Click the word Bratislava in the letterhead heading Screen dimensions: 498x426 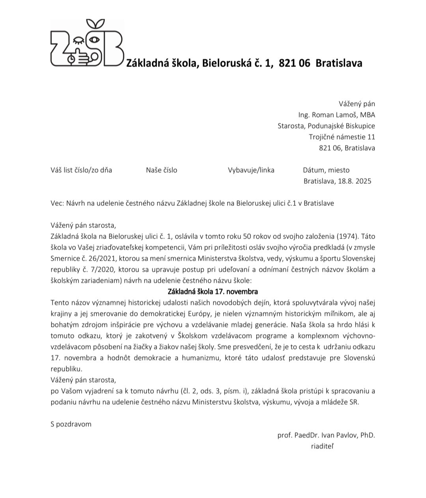[339, 63]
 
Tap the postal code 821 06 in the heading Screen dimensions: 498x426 [294, 63]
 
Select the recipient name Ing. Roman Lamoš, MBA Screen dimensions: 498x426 [336, 115]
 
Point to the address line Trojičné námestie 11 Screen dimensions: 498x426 [342, 137]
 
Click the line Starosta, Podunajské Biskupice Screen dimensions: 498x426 [326, 126]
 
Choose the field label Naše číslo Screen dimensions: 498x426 [161, 170]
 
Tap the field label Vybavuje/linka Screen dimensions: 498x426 [251, 170]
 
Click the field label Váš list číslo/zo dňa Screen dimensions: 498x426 [81, 170]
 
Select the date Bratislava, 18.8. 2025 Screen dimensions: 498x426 [337, 181]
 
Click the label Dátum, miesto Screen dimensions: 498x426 [326, 170]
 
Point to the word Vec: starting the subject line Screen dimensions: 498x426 [57, 203]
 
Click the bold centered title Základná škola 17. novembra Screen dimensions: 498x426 [213, 292]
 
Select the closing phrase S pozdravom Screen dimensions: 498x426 [71, 424]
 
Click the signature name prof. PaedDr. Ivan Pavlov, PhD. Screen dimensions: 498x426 [326, 435]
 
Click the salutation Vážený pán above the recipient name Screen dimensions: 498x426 [357, 104]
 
